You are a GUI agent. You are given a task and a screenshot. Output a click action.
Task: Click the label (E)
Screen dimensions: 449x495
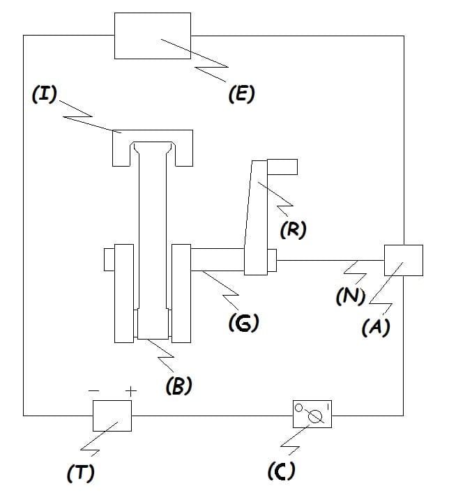(x=241, y=93)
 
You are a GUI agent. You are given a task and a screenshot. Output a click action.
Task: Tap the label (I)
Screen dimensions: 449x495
(x=45, y=93)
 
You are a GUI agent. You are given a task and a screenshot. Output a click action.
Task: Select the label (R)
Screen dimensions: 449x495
(x=294, y=229)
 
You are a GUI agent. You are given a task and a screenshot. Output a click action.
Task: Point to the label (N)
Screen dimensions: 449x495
(x=351, y=296)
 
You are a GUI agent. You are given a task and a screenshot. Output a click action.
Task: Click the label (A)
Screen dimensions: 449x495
(x=376, y=327)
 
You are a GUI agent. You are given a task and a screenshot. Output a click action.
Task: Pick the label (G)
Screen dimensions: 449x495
(x=244, y=323)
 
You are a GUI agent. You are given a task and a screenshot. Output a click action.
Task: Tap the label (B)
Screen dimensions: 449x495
(x=179, y=386)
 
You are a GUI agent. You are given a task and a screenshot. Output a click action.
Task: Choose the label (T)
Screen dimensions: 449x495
(x=81, y=473)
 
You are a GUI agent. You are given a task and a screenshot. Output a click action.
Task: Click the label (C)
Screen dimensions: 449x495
(x=282, y=471)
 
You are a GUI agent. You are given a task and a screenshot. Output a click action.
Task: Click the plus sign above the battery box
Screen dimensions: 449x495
(x=131, y=391)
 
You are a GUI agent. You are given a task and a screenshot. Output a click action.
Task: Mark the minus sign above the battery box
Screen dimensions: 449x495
(x=94, y=391)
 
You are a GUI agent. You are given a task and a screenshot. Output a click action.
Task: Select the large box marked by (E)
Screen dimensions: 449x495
(x=153, y=36)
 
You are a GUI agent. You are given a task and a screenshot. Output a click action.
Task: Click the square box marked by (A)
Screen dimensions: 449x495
(x=404, y=260)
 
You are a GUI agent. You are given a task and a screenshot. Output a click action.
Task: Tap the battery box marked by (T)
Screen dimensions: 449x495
(x=112, y=416)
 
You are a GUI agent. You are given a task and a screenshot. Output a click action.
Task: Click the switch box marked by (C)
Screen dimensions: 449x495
(x=312, y=414)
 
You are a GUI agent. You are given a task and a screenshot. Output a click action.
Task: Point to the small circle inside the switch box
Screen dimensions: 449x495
(x=298, y=408)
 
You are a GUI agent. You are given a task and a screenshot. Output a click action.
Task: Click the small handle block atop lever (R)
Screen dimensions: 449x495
(x=282, y=167)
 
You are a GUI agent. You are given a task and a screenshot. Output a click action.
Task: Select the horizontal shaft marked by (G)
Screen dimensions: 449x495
(x=218, y=259)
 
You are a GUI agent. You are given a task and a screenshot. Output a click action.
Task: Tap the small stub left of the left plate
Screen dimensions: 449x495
(x=109, y=259)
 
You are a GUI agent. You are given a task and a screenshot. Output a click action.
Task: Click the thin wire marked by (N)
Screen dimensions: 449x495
(x=330, y=260)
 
